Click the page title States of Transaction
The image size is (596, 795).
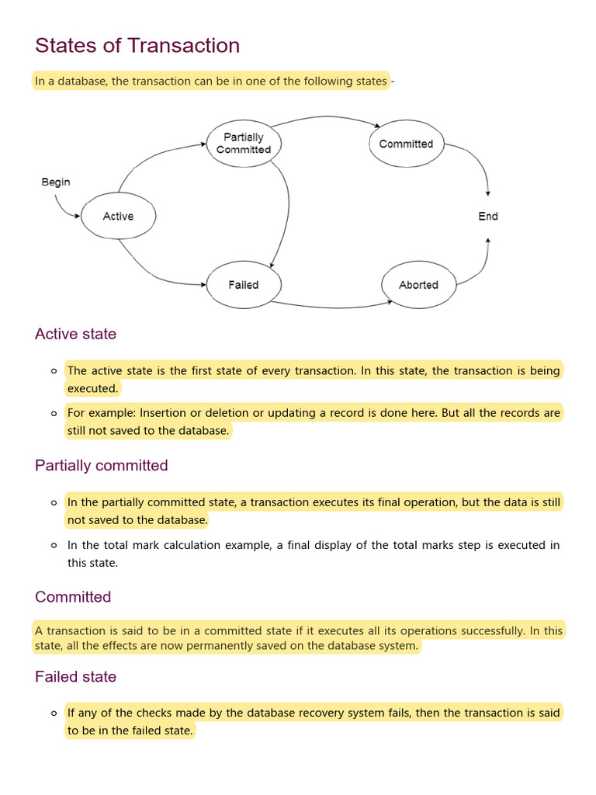[x=137, y=46]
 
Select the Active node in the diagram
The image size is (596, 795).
[x=118, y=217]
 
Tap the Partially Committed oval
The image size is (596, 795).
[x=244, y=144]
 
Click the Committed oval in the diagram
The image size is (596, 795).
[x=406, y=144]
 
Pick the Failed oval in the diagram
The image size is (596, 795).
[x=244, y=285]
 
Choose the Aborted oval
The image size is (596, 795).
[x=418, y=285]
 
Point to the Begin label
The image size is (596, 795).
[x=56, y=182]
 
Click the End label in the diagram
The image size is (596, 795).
[x=488, y=217]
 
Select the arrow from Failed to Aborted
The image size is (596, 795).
[x=326, y=305]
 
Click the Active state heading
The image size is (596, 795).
[x=75, y=334]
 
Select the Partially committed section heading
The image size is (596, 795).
[x=101, y=465]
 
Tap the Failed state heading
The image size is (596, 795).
[x=75, y=677]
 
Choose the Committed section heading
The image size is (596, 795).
[x=73, y=597]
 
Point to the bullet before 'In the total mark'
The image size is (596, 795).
[x=54, y=546]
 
